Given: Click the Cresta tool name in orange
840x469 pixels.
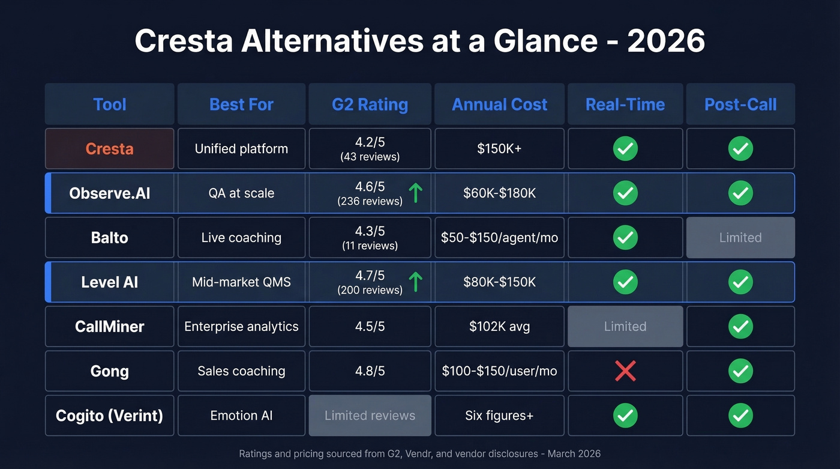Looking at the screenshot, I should (x=109, y=149).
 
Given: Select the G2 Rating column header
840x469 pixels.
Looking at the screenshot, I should (x=370, y=104).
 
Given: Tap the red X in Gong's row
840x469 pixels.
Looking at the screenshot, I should (x=625, y=371).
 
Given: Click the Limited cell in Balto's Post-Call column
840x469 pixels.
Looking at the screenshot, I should (x=740, y=238).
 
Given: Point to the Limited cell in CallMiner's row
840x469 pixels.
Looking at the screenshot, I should (x=625, y=327).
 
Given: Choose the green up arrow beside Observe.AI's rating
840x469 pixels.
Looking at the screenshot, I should (x=415, y=193).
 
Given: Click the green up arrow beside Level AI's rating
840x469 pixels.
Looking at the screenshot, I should (x=415, y=282).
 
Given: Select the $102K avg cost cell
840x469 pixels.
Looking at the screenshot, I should (x=499, y=327).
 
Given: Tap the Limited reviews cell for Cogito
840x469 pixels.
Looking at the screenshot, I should (x=370, y=416).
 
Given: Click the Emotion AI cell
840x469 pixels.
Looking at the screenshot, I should (x=241, y=416).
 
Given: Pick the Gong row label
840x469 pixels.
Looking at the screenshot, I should (x=109, y=371).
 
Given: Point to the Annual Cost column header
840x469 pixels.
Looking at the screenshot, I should (x=499, y=104).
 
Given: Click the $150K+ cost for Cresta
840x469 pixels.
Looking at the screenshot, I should (x=499, y=149).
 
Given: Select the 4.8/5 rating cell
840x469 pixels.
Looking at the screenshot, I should (x=370, y=371).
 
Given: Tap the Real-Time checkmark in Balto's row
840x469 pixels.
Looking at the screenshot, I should (x=625, y=238).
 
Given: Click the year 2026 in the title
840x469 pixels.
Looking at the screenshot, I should (x=666, y=41).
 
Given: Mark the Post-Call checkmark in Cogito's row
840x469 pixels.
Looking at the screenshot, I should (x=740, y=416).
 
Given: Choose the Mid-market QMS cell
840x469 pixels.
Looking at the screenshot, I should (x=241, y=282).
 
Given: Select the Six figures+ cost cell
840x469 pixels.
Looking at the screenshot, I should (x=499, y=416).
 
